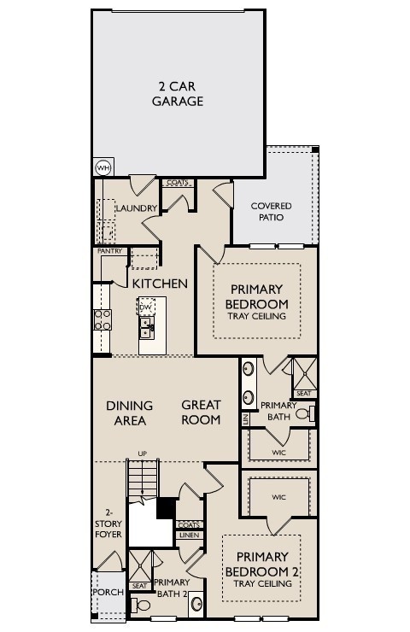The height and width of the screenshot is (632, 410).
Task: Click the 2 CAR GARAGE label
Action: coord(178,94)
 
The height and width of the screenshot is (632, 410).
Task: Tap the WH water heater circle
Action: coord(103,167)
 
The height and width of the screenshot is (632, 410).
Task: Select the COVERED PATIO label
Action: coord(270,212)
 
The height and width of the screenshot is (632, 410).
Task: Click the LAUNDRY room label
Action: coord(136,208)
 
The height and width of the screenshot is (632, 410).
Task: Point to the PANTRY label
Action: coord(110,251)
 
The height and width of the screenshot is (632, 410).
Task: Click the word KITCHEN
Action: coord(160,283)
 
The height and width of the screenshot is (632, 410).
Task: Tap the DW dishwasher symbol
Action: coord(146,306)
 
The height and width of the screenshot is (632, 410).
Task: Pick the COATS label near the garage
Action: coord(177,183)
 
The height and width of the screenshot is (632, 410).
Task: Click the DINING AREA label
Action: coord(130,413)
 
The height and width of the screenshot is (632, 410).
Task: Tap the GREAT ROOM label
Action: coord(202,412)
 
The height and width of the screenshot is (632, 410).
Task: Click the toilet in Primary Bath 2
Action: coord(143,606)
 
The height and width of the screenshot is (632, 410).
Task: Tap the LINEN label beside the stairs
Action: coord(189,535)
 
